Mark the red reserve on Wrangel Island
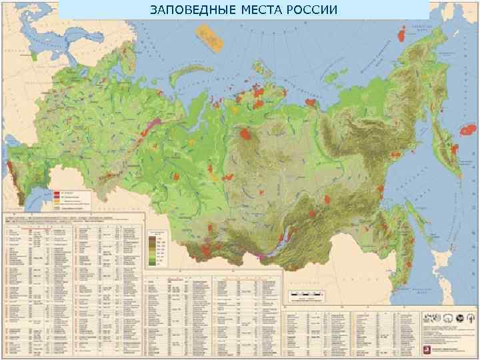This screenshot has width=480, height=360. click(x=402, y=31)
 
